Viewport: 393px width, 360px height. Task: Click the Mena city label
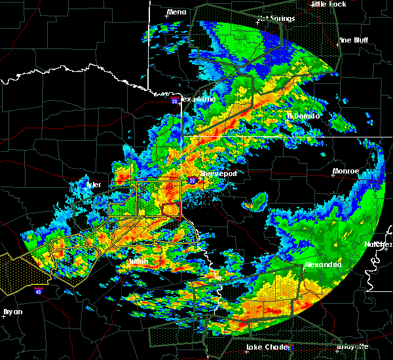tap(176, 12)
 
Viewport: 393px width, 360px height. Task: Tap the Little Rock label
tap(327, 4)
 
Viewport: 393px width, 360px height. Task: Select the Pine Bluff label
tap(354, 40)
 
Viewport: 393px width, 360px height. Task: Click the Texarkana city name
tap(197, 99)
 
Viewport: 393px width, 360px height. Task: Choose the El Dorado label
tap(304, 116)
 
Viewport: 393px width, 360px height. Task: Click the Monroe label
tap(345, 171)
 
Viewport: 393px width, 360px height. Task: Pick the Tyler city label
tap(93, 185)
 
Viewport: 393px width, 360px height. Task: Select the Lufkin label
tap(137, 261)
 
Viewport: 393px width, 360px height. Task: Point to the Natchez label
tap(379, 244)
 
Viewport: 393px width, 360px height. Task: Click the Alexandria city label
tap(323, 264)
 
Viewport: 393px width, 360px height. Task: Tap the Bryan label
tap(13, 312)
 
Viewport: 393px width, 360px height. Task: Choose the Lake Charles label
tap(267, 347)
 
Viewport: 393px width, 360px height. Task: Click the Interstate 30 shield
tap(174, 101)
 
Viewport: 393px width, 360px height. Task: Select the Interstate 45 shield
tap(39, 290)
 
